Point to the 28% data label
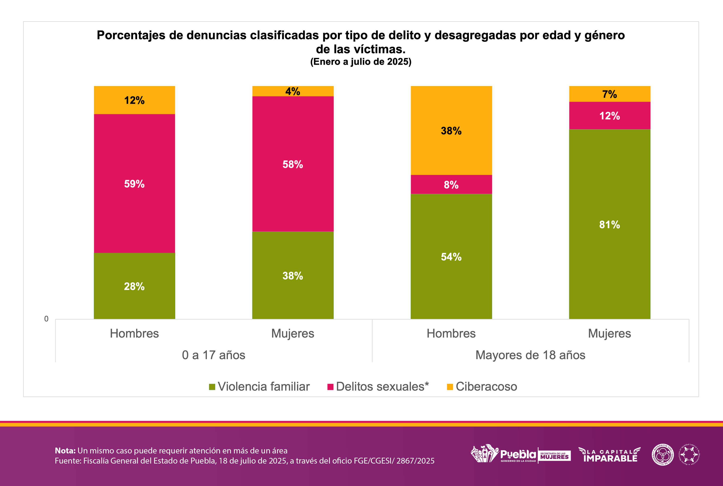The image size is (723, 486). (x=134, y=286)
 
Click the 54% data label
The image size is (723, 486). (x=451, y=257)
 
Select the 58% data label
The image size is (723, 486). (x=293, y=164)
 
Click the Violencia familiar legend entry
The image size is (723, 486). (x=260, y=386)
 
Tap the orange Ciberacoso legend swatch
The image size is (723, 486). (x=450, y=387)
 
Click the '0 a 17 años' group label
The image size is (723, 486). (x=214, y=355)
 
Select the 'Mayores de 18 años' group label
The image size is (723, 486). (x=530, y=355)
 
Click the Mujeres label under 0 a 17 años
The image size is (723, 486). (x=293, y=334)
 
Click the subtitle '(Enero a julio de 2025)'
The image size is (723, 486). (x=361, y=62)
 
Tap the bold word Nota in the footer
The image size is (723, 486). (x=65, y=450)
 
